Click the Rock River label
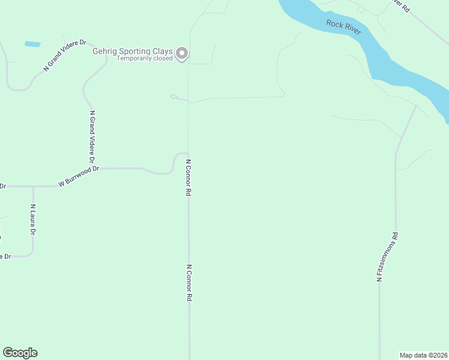click(x=344, y=27)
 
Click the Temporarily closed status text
click(x=145, y=59)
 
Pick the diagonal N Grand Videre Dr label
click(x=65, y=57)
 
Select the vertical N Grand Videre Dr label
click(x=92, y=137)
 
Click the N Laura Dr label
click(x=33, y=220)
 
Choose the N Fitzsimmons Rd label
click(x=387, y=257)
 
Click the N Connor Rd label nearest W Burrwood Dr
click(x=188, y=178)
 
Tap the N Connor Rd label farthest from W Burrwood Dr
click(x=188, y=283)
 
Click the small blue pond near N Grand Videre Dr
click(x=32, y=44)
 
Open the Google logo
click(x=20, y=353)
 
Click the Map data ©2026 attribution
click(x=423, y=355)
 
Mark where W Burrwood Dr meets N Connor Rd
click(x=188, y=153)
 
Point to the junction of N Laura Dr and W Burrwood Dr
click(x=33, y=187)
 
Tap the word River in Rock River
click(x=352, y=30)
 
